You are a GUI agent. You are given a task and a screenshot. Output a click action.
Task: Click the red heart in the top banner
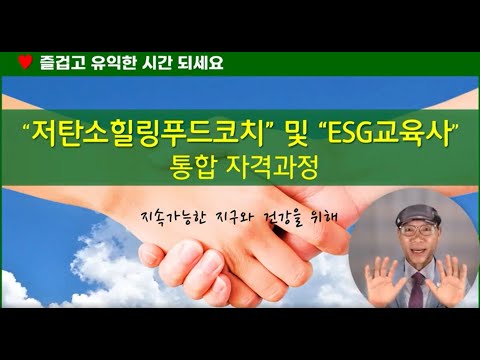point(24,62)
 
